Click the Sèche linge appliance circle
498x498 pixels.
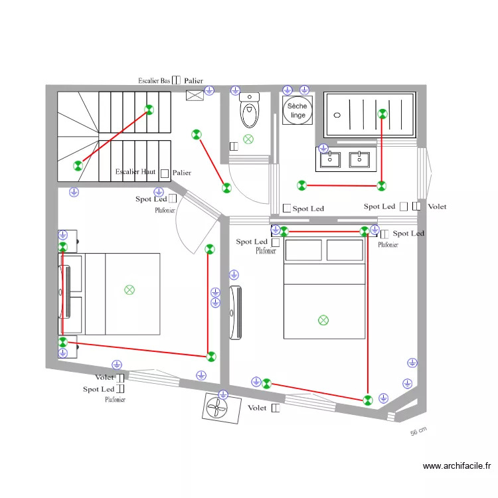297,110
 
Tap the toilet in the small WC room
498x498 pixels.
250,112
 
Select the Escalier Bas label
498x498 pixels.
154,80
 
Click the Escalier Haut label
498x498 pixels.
135,172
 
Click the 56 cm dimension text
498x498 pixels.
418,432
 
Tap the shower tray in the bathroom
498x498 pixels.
370,115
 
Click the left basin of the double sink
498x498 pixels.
330,159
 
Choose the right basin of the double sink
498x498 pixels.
359,159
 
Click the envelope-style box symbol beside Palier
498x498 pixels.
195,95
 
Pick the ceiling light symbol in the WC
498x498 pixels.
248,139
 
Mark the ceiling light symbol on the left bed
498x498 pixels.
129,290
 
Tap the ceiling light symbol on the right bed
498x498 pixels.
323,320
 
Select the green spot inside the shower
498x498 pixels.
382,114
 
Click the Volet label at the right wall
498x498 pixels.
437,207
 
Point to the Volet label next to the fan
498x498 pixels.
257,408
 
